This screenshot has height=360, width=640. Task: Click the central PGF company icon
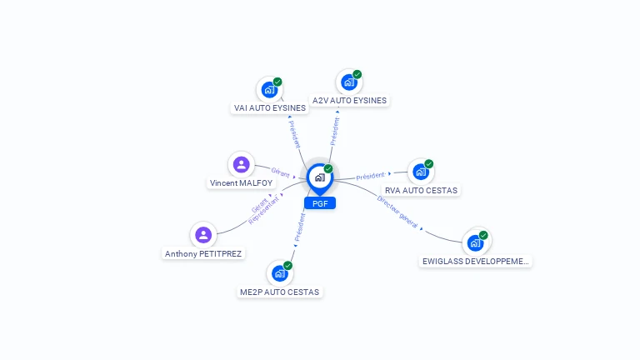coord(319,177)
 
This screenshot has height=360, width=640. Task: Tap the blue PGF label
coord(320,203)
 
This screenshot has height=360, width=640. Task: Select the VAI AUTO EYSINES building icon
coord(268,90)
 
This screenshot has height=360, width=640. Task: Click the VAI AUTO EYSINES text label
coord(270,108)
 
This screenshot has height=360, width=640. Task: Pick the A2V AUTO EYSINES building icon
coord(348,82)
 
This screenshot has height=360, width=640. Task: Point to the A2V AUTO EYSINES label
coord(349,101)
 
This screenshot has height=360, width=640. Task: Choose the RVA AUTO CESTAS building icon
coord(420,172)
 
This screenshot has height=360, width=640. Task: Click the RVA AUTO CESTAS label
coord(421,190)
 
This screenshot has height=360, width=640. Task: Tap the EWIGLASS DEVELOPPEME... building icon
coord(475,242)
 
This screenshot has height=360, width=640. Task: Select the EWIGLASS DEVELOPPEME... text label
coord(475,261)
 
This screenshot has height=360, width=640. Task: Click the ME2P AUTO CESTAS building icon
coord(279,273)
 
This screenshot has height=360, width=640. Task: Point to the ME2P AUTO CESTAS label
coord(280,292)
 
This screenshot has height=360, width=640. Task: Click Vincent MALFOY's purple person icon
coord(241,164)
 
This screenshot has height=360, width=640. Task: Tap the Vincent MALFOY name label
coord(241,182)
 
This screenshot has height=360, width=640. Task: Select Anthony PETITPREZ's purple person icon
coord(203,235)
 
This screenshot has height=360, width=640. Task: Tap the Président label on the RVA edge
coord(370,176)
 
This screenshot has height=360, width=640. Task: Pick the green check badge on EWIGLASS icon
coord(483,235)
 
